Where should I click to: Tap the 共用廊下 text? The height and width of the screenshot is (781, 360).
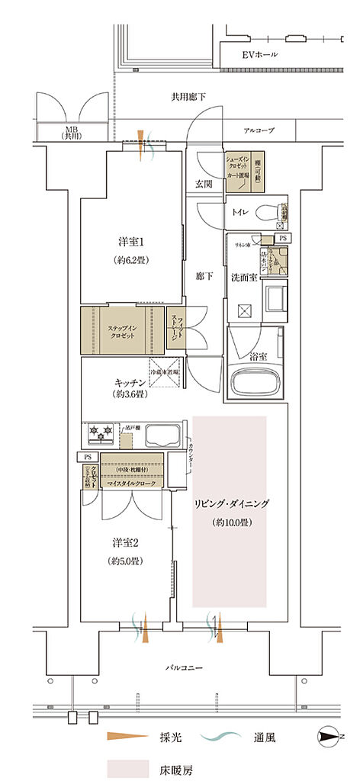188,96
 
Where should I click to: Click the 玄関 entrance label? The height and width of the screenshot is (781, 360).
204,184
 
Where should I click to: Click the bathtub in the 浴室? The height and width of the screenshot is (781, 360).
255,379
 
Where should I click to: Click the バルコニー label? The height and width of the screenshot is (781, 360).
183,667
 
